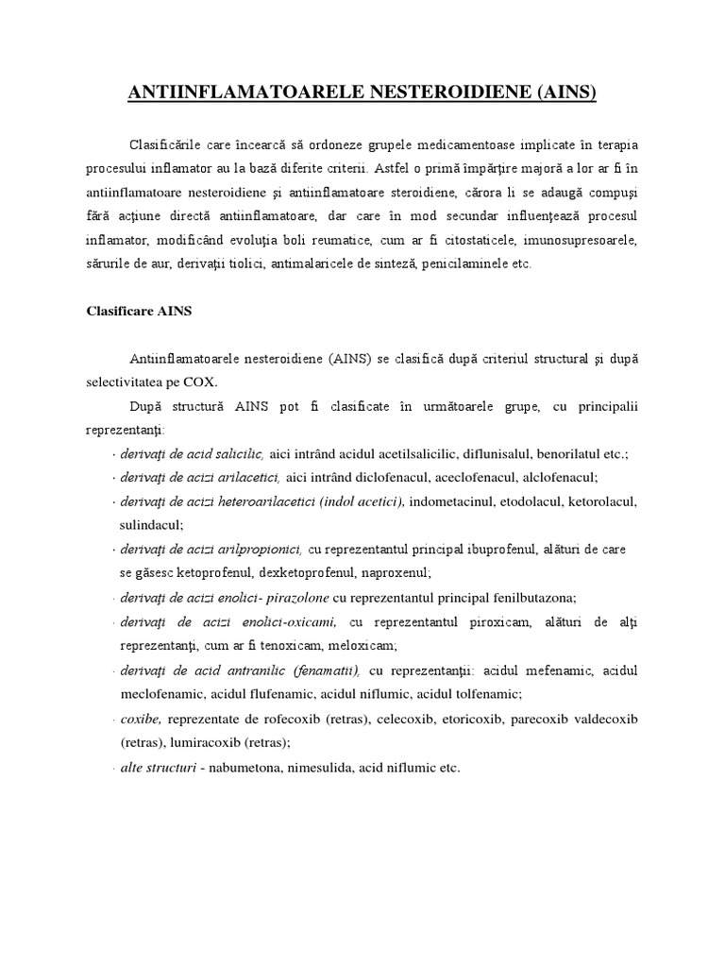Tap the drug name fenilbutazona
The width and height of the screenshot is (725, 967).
(532, 597)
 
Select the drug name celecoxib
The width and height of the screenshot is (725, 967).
(397, 719)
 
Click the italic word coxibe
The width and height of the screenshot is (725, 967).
(139, 719)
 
